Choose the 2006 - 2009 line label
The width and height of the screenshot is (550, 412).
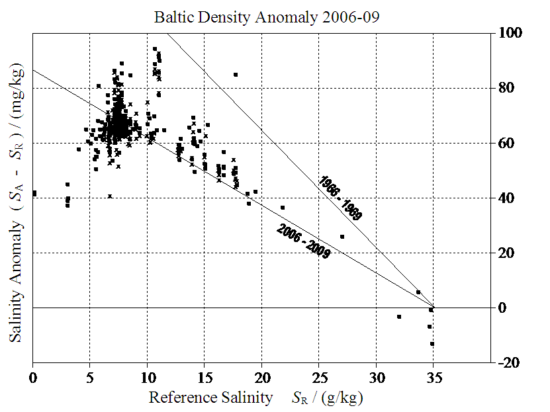point(303,241)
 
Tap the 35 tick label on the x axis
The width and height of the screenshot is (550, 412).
point(434,379)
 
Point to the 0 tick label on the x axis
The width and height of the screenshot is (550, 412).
point(32,379)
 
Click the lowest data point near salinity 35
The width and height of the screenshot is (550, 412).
point(432,344)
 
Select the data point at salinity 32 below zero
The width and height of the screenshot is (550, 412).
point(399,317)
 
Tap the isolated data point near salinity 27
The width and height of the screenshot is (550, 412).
point(342,237)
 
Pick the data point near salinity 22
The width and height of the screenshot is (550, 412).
point(283,208)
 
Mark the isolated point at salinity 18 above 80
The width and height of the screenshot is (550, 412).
point(236,75)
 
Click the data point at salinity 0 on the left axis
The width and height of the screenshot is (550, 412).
point(34,193)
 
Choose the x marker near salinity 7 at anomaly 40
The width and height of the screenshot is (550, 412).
point(110,196)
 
